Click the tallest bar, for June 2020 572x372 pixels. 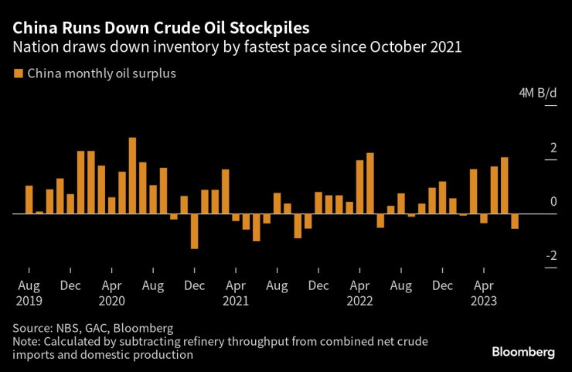click(x=132, y=176)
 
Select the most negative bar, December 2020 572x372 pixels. click(x=194, y=230)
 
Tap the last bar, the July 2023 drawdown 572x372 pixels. click(x=515, y=221)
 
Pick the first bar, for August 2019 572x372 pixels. click(x=29, y=200)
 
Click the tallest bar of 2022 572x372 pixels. click(x=370, y=183)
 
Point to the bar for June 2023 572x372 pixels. click(x=505, y=186)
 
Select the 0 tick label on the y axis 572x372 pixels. click(x=553, y=202)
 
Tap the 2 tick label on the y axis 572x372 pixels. click(x=553, y=148)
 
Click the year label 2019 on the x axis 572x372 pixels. click(x=29, y=300)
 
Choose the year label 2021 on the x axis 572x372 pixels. click(x=236, y=300)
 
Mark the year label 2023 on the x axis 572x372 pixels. click(x=485, y=300)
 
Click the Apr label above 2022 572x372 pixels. click(x=360, y=285)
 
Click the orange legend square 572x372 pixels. click(x=18, y=74)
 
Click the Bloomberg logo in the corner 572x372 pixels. click(x=523, y=352)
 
